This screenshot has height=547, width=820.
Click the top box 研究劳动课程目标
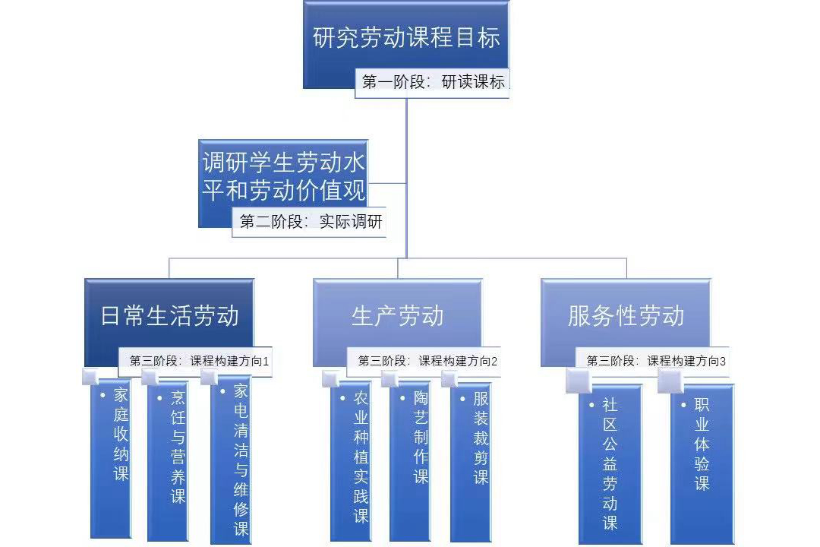pyautogui.click(x=406, y=38)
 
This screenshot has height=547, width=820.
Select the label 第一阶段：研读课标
pyautogui.click(x=433, y=83)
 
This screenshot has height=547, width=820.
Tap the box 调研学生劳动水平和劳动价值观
pyautogui.click(x=283, y=176)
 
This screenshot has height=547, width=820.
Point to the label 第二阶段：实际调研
pyautogui.click(x=311, y=223)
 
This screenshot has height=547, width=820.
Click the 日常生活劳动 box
pyautogui.click(x=169, y=316)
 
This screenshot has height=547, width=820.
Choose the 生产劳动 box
pyautogui.click(x=397, y=316)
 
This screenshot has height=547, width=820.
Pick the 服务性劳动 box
pyautogui.click(x=626, y=316)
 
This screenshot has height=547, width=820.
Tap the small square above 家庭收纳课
pyautogui.click(x=90, y=377)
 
